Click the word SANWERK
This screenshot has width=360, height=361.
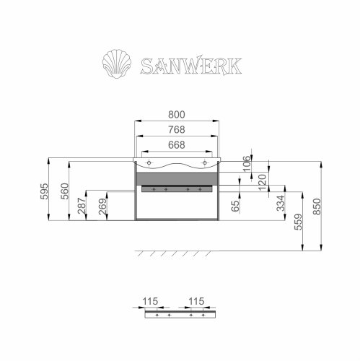(192, 65)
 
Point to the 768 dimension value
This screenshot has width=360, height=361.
(177, 131)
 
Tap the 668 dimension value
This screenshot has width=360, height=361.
(177, 144)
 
